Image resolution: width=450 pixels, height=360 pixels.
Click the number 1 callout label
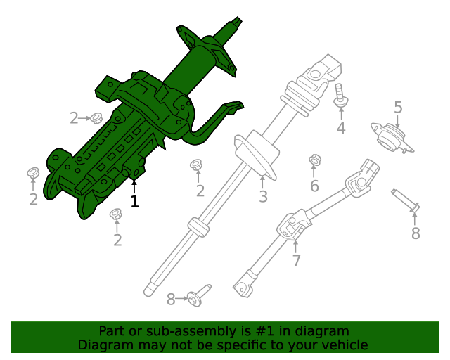click(134, 201)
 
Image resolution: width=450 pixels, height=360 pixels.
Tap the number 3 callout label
click(263, 197)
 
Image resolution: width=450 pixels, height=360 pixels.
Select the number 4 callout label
click(341, 128)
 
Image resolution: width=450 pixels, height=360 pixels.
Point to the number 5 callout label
click(398, 108)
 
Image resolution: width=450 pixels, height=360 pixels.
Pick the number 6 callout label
click(314, 186)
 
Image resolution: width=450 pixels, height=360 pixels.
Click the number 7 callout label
click(296, 261)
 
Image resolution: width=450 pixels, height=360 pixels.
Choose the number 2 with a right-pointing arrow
click(74, 118)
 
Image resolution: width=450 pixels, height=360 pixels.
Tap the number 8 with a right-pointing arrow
click(171, 300)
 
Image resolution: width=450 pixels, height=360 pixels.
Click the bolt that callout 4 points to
click(340, 95)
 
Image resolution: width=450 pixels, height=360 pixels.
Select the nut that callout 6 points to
click(315, 161)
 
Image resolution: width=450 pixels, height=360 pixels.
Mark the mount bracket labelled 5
click(392, 136)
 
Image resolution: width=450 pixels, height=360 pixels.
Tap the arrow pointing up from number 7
click(296, 245)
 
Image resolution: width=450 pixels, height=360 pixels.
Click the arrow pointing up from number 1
click(134, 186)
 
